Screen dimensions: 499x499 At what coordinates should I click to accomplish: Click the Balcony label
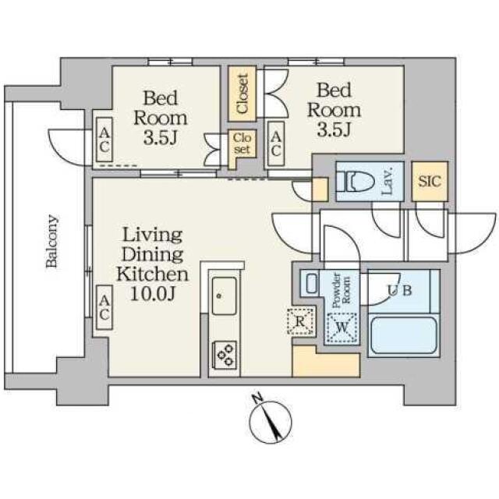point(52,241)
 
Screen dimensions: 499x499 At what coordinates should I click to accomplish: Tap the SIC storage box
point(430,182)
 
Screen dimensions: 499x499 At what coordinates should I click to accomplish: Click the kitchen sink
point(225,296)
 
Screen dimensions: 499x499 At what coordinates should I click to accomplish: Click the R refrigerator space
point(301,321)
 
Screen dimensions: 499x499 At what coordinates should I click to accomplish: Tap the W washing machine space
point(342,327)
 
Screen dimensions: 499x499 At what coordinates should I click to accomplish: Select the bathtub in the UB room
point(404,335)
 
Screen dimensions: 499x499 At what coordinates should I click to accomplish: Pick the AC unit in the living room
point(104,307)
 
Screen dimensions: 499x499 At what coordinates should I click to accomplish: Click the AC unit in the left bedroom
point(104,140)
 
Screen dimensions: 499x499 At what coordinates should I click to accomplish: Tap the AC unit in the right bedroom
point(275,143)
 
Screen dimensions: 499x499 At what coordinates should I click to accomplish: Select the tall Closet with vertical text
point(242,94)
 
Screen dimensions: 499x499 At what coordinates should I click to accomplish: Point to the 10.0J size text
point(153,294)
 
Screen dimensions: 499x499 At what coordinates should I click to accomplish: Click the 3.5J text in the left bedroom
point(160,138)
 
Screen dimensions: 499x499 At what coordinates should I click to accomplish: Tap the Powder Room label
point(342,290)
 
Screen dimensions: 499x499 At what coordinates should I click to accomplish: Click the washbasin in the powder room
point(310,283)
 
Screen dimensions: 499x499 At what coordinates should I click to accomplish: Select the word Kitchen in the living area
point(153,274)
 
